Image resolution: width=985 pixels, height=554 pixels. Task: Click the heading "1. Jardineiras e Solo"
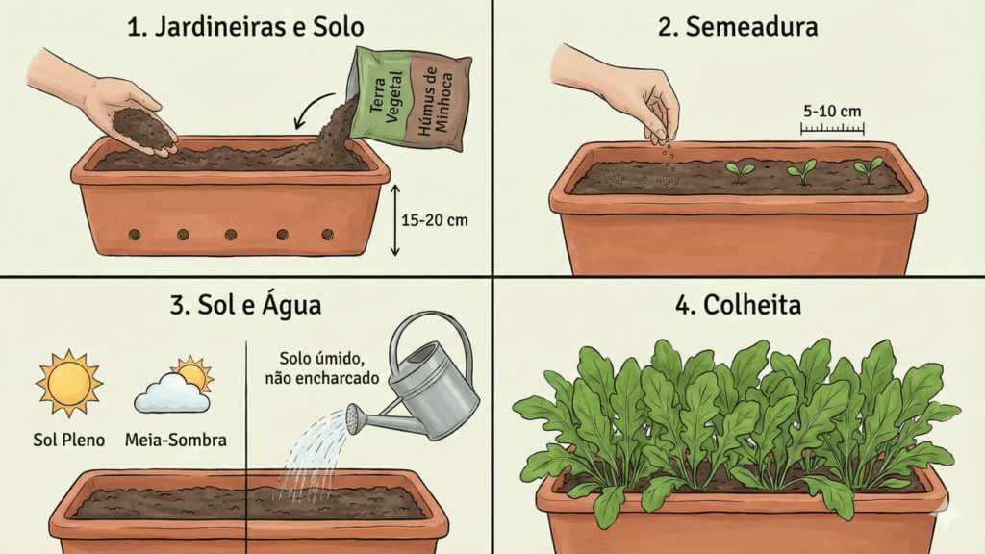click(245, 27)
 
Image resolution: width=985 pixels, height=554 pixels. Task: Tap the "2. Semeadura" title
click(738, 27)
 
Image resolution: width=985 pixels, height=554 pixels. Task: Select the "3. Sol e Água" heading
click(245, 305)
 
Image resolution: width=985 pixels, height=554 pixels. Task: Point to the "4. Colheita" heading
click(738, 305)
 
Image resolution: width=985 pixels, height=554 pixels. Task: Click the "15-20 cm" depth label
click(435, 220)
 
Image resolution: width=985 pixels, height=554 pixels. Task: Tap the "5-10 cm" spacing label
click(832, 112)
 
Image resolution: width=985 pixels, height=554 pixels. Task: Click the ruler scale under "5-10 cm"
click(832, 129)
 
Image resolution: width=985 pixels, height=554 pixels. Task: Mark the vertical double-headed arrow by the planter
click(394, 220)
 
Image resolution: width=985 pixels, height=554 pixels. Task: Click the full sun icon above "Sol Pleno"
click(69, 383)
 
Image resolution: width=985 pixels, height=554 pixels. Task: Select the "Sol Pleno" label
click(69, 440)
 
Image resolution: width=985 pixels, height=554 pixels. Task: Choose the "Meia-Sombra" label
click(176, 440)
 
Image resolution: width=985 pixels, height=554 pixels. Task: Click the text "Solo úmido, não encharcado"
click(322, 368)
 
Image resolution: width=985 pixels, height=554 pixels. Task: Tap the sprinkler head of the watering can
click(354, 419)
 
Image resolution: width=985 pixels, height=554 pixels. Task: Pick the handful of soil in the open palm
click(143, 129)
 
